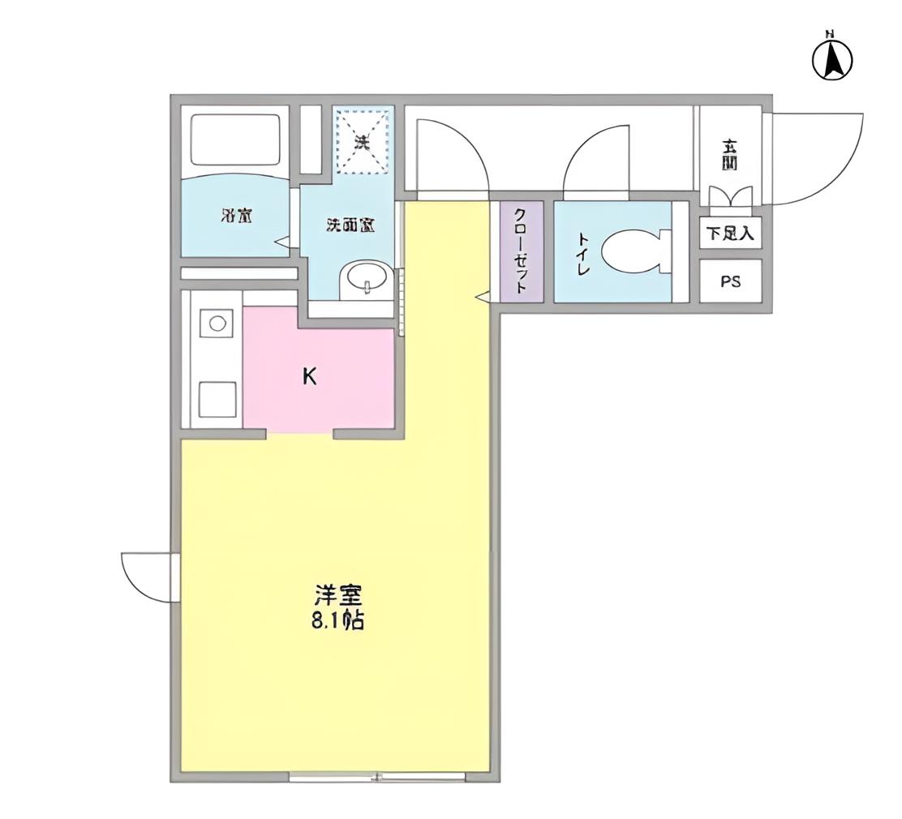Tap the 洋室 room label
(x=337, y=596)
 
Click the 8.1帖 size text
(x=337, y=623)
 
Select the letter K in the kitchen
(x=309, y=376)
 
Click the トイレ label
(x=582, y=255)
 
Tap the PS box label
(x=731, y=282)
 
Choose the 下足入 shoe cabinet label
(x=730, y=234)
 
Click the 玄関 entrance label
(x=730, y=154)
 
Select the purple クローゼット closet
(x=520, y=252)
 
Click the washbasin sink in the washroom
(x=367, y=281)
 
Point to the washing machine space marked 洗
(x=363, y=143)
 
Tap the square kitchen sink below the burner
(x=217, y=398)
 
